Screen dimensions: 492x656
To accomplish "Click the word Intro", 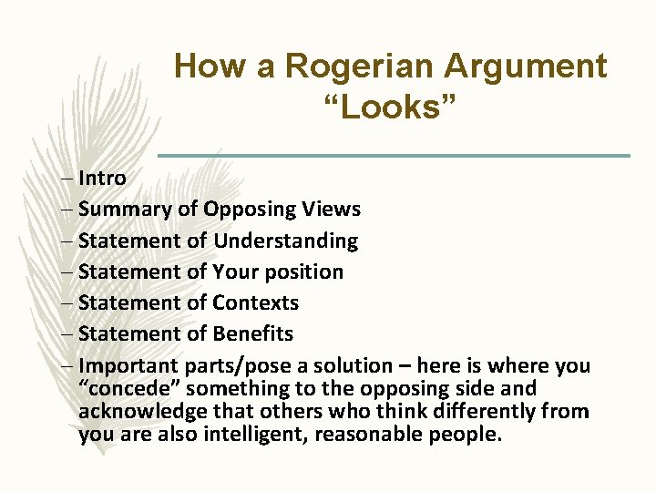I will click(102, 178).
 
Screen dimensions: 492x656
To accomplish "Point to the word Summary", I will click(126, 210).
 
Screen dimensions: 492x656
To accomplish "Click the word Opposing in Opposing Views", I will click(250, 210).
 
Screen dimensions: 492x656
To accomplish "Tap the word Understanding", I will click(285, 241).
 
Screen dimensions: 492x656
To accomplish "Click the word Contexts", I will click(255, 302).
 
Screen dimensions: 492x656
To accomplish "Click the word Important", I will click(128, 366).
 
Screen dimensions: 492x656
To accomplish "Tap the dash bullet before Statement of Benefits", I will click(70, 334).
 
